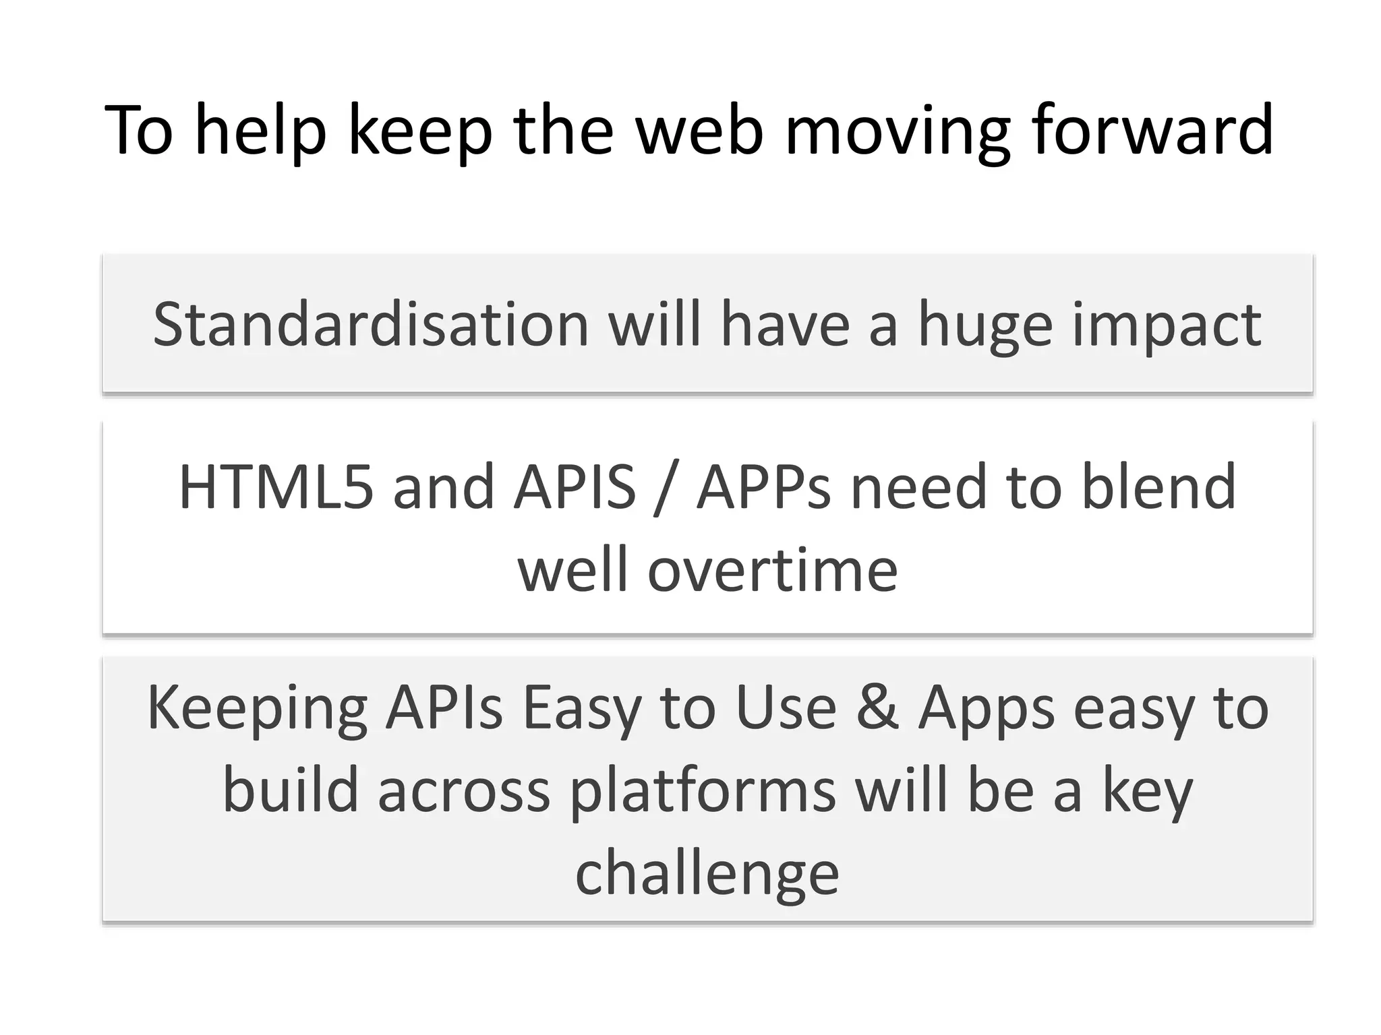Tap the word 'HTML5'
coord(276,487)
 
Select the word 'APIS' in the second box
coord(575,487)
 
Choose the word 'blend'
coord(1158,487)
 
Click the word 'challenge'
coord(707,875)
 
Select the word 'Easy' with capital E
coord(581,710)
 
